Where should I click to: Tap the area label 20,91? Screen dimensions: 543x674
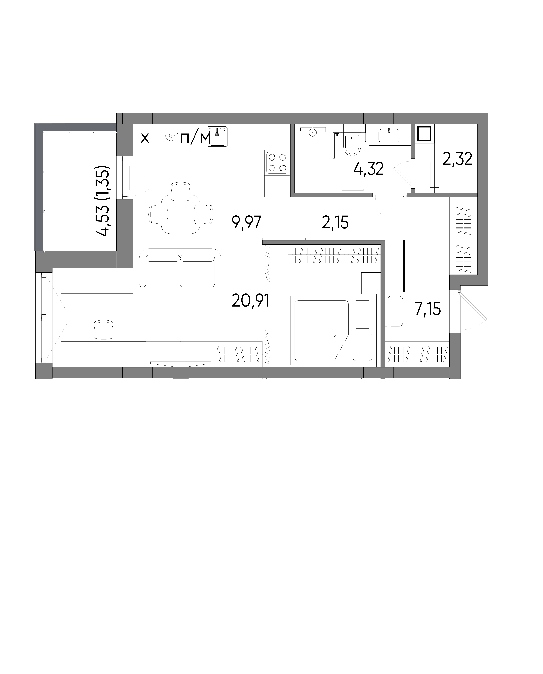251,301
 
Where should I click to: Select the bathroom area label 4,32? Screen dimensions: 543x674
369,169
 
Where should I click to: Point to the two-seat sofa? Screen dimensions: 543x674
180,268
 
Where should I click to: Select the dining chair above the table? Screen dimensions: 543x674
181,192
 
